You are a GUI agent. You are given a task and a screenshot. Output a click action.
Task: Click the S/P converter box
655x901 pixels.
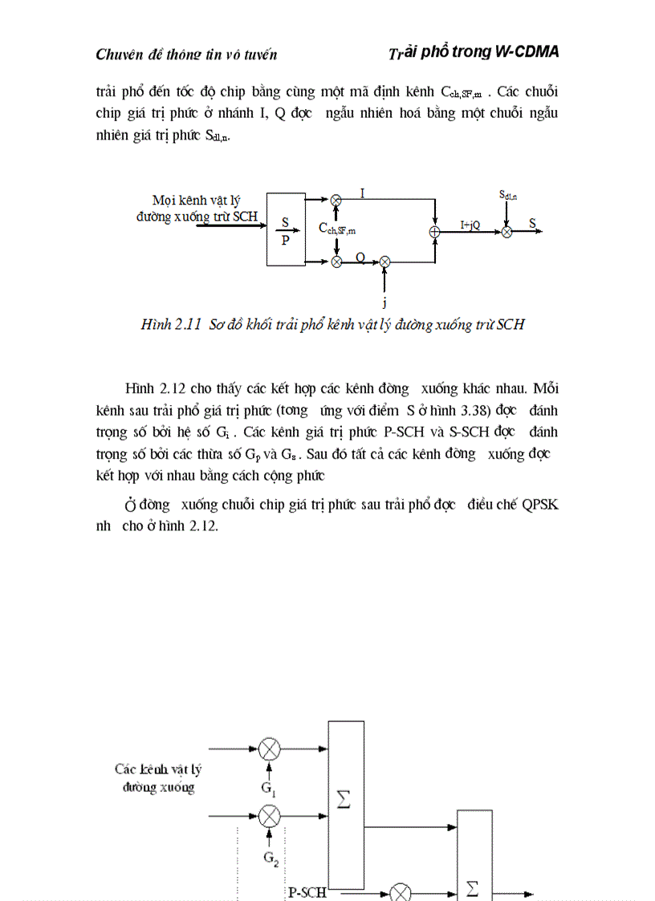(286, 229)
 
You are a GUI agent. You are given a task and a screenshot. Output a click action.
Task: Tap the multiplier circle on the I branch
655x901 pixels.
(337, 200)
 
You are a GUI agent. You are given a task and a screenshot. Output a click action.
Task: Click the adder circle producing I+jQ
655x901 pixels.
(434, 231)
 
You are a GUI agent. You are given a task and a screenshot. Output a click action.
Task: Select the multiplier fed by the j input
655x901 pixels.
(384, 261)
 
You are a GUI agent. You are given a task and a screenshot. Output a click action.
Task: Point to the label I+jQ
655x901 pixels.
(470, 225)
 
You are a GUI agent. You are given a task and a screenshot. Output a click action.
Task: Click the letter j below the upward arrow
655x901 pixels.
(384, 302)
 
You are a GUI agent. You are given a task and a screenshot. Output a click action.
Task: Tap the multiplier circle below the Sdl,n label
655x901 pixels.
(507, 231)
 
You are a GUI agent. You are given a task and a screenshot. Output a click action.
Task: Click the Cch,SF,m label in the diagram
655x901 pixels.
(337, 229)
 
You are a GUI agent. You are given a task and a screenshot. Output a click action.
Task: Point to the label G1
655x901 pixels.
(268, 788)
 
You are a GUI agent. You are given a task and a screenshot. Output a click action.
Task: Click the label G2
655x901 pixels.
(271, 857)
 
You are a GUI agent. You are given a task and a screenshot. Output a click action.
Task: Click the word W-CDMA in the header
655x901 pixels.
(524, 51)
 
